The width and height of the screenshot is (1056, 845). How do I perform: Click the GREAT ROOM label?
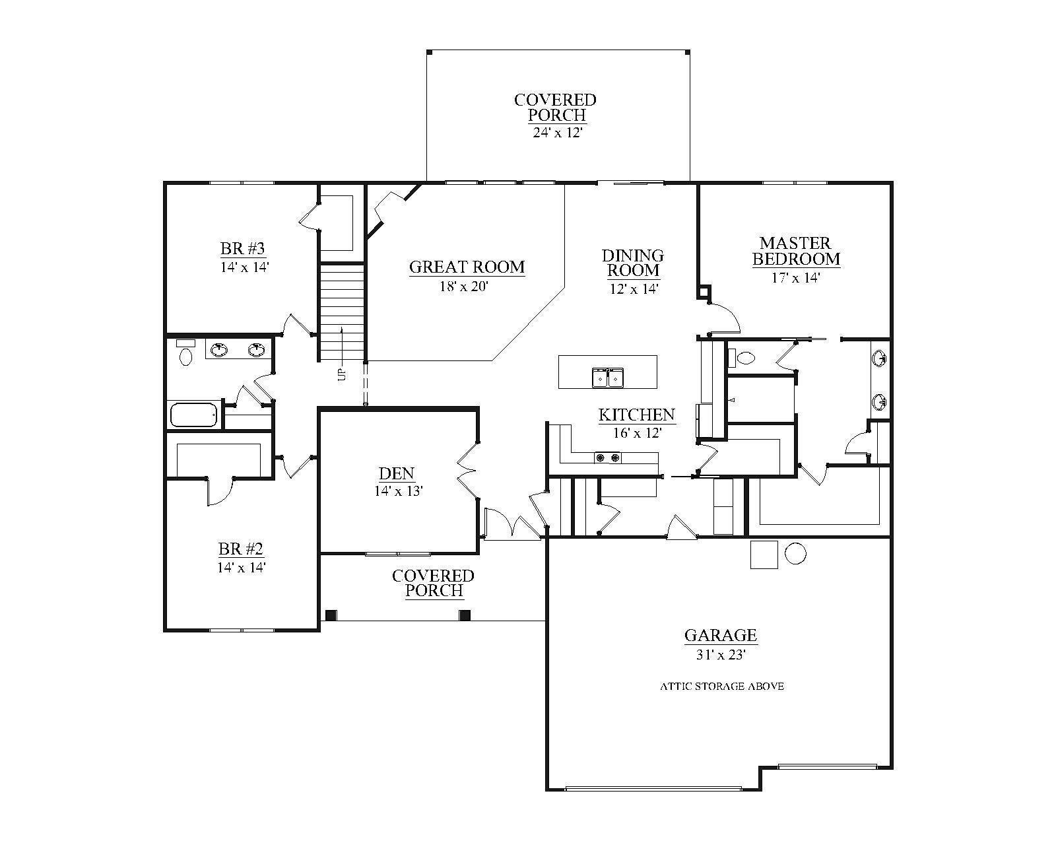(467, 267)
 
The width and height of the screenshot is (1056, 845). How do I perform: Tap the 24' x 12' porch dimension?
(557, 133)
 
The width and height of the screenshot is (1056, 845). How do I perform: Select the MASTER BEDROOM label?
(796, 251)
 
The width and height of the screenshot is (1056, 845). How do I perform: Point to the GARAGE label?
(720, 635)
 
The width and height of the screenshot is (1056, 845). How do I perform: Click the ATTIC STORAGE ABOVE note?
(722, 687)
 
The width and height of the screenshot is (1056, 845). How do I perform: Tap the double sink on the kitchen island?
(607, 377)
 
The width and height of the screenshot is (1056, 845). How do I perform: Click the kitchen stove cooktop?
(607, 458)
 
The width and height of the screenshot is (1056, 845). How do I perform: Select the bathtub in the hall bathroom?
(193, 415)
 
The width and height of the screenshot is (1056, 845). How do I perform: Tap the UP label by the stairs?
(342, 374)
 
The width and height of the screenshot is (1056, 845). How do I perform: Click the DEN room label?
(397, 473)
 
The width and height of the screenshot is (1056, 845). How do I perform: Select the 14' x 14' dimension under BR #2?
(242, 568)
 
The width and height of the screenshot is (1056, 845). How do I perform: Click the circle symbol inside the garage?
(795, 553)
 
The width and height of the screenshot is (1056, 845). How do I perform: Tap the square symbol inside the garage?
(764, 555)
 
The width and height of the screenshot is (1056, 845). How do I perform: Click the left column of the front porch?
(331, 615)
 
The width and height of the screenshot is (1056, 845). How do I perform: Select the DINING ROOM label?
(633, 263)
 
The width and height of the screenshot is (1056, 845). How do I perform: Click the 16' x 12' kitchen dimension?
(638, 433)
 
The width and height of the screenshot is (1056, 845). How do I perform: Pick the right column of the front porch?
(464, 615)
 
